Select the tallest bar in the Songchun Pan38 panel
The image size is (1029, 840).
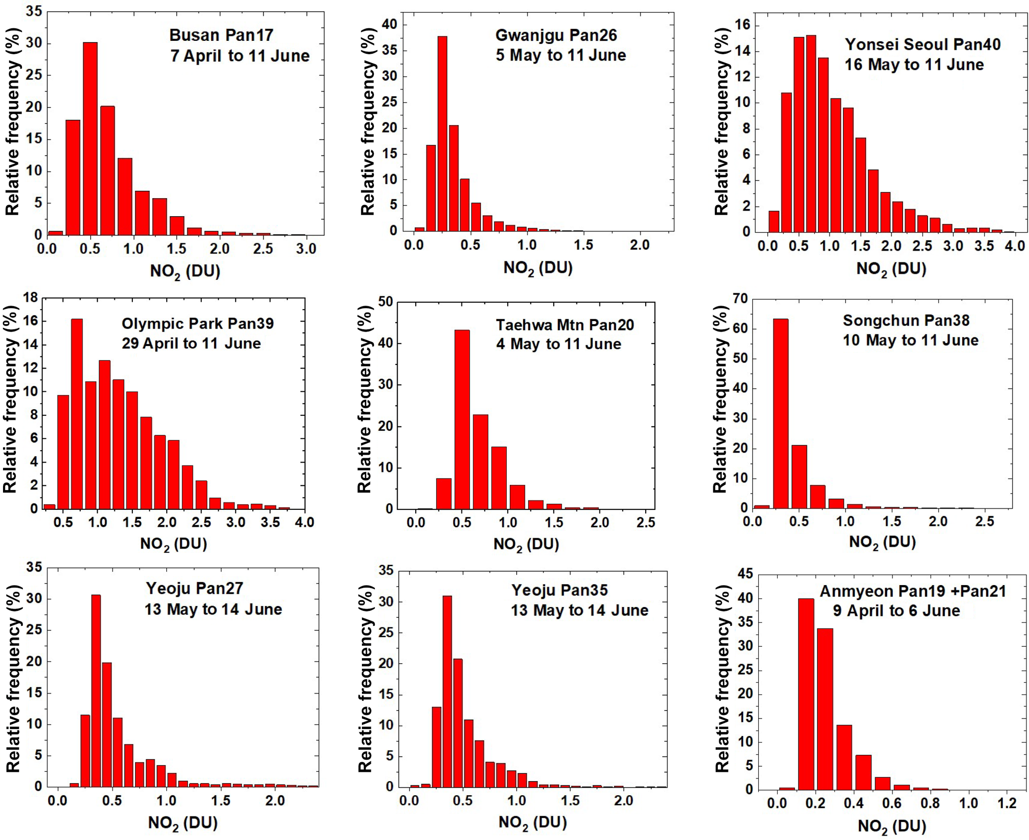(780, 413)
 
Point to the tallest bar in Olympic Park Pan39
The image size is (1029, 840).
(77, 413)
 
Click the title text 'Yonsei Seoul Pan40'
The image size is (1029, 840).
(922, 44)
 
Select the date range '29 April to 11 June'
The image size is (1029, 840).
(191, 343)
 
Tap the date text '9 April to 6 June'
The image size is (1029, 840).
(896, 610)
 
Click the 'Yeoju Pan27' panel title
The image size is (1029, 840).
(194, 588)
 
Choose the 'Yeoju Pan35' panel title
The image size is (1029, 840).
(560, 590)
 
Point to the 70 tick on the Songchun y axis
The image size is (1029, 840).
(740, 298)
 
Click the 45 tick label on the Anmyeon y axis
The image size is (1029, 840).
(745, 574)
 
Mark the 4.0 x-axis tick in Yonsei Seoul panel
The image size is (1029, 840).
(1015, 246)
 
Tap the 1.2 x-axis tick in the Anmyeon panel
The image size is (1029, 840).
(1007, 803)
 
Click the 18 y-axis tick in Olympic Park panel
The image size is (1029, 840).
(30, 298)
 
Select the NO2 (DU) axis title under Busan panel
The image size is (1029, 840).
(185, 271)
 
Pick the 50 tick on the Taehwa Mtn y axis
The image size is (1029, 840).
(385, 302)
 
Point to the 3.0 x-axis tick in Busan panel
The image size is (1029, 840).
(306, 248)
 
